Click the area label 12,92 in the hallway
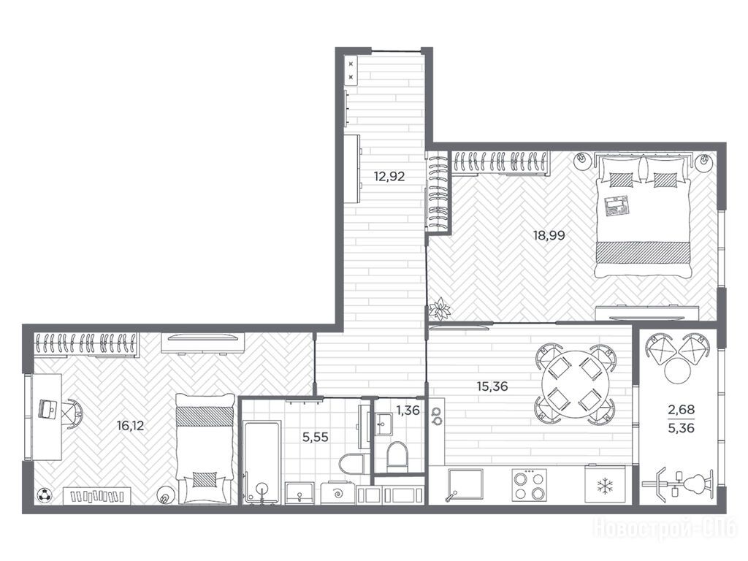tap(389, 177)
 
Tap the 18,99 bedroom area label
tap(549, 235)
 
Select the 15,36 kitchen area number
tap(492, 386)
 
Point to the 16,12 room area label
tap(130, 425)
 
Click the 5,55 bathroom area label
tap(316, 437)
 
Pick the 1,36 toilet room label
tap(408, 410)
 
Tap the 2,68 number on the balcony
tap(682, 409)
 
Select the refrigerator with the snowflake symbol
tap(605, 484)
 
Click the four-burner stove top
tap(529, 485)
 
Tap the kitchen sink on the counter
tap(465, 484)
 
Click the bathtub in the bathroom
tap(261, 462)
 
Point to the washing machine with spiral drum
tap(337, 493)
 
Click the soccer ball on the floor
tap(45, 496)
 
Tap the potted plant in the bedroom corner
tap(439, 309)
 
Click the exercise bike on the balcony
tap(680, 486)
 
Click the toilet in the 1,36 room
tap(397, 454)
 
